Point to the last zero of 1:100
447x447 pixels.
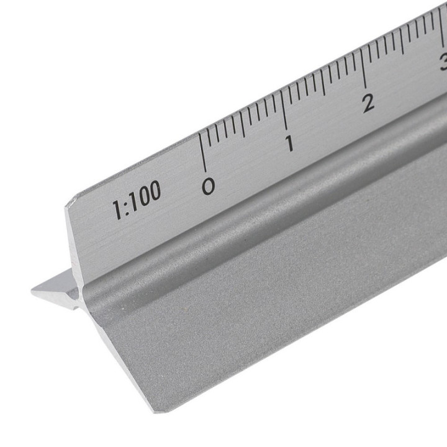click(153, 192)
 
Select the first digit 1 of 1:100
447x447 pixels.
click(116, 209)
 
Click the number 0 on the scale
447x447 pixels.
click(209, 186)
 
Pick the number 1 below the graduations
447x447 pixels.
click(289, 144)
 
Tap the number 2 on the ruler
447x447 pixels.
click(368, 102)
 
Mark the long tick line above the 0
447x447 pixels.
click(202, 152)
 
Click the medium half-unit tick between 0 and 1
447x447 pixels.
click(243, 126)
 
